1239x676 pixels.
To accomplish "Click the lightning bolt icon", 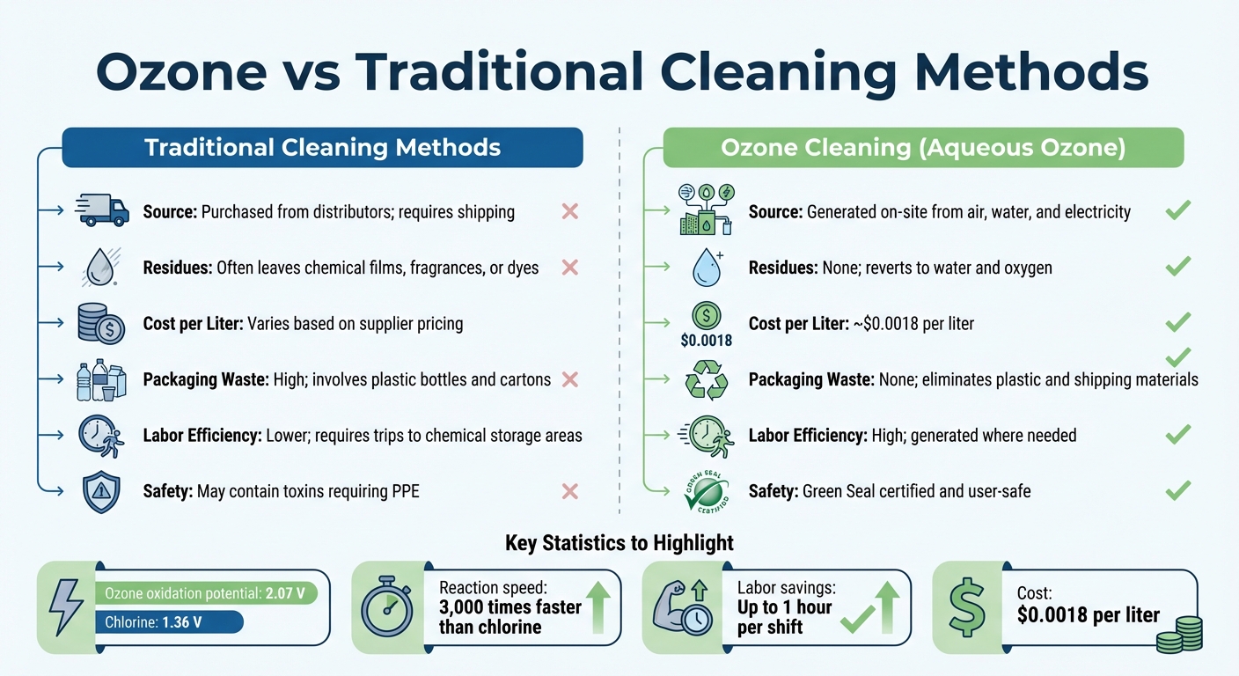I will pyautogui.click(x=66, y=607).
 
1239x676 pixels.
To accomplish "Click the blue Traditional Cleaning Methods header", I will pyautogui.click(x=322, y=147).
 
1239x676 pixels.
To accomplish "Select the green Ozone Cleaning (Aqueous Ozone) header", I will pyautogui.click(x=923, y=147).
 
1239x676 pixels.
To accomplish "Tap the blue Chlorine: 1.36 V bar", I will pyautogui.click(x=167, y=621).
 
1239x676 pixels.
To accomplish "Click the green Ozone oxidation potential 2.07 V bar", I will pyautogui.click(x=205, y=593).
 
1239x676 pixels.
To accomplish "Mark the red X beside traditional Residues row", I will pyautogui.click(x=569, y=267).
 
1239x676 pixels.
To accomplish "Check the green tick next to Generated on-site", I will pyautogui.click(x=1177, y=211).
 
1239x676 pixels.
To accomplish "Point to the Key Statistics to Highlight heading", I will pyautogui.click(x=619, y=544).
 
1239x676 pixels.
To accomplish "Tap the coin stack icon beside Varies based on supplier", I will pyautogui.click(x=100, y=323).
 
